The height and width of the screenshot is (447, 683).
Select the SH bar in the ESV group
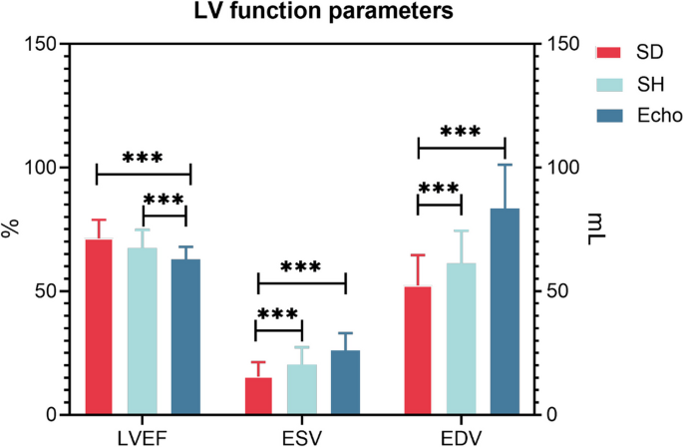pos(301,390)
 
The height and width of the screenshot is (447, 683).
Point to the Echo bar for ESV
pos(345,383)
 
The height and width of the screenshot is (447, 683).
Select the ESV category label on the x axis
pos(302,435)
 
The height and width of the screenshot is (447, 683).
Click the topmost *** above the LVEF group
pos(143,157)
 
